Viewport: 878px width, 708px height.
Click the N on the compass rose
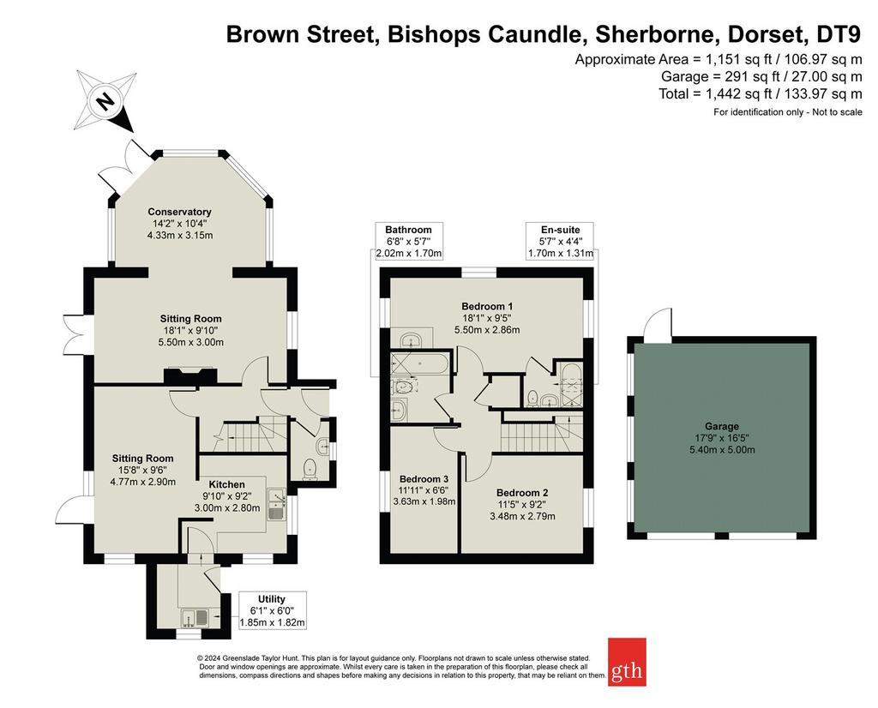coord(104,102)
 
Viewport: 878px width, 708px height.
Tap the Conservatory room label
coord(179,212)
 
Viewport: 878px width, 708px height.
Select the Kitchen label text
coord(226,484)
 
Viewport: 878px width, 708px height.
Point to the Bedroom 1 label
coord(487,306)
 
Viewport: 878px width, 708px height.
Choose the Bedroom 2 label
coord(522,493)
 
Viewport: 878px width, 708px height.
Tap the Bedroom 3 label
coord(424,479)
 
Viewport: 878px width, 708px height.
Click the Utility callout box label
coord(272,599)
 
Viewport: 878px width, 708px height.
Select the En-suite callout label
coord(560,230)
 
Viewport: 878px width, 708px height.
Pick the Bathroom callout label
coord(408,230)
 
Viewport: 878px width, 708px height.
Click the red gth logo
coord(627,662)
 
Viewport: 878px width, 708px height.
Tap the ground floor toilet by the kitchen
coord(309,469)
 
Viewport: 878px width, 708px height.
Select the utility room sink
coord(195,618)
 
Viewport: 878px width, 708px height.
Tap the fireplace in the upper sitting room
coord(190,376)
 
